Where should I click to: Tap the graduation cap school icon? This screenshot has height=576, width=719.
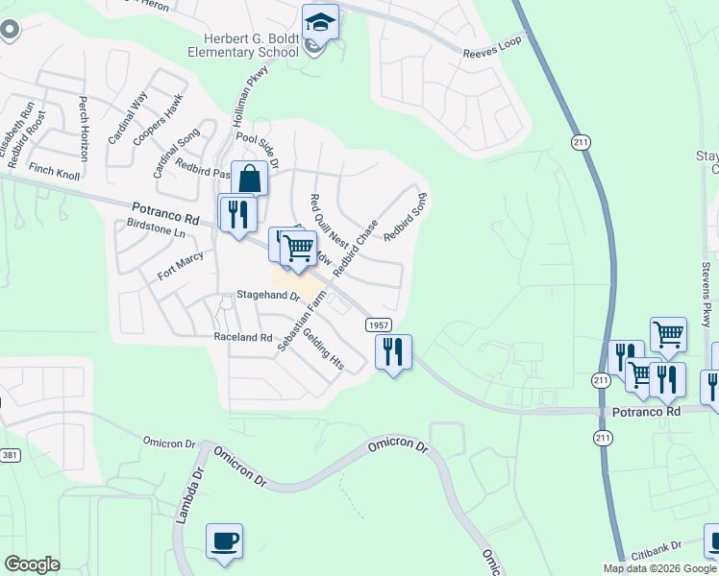(x=320, y=22)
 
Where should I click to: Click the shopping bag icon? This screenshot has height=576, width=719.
(x=249, y=179)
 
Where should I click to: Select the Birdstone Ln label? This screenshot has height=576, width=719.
(x=156, y=231)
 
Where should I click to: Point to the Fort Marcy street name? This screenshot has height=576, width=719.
(x=180, y=265)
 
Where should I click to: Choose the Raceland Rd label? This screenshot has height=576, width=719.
(x=243, y=338)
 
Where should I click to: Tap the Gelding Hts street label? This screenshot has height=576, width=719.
(x=323, y=349)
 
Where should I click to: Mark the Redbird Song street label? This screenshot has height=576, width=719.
(x=405, y=216)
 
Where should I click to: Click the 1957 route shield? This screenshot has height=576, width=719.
(x=378, y=324)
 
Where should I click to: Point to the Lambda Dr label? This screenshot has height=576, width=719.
(x=188, y=495)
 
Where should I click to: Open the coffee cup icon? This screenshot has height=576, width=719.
(x=224, y=540)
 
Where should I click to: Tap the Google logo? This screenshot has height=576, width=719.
(x=32, y=564)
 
